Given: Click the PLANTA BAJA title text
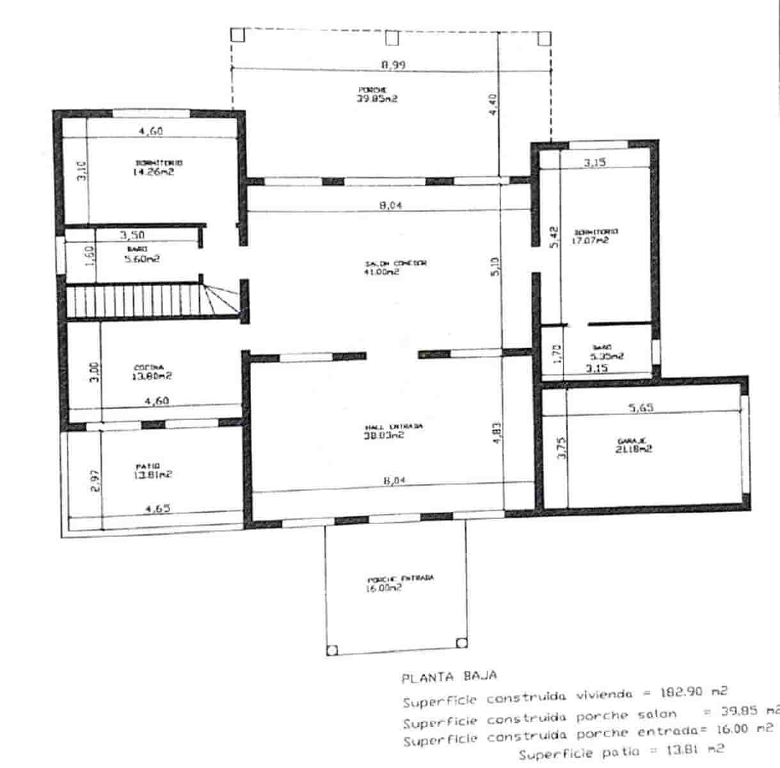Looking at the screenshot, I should click(449, 676).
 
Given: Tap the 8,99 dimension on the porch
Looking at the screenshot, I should click(394, 64).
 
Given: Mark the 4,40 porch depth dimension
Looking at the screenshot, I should click(492, 104).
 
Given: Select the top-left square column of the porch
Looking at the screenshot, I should click(237, 35).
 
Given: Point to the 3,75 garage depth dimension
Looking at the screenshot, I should click(561, 447).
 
